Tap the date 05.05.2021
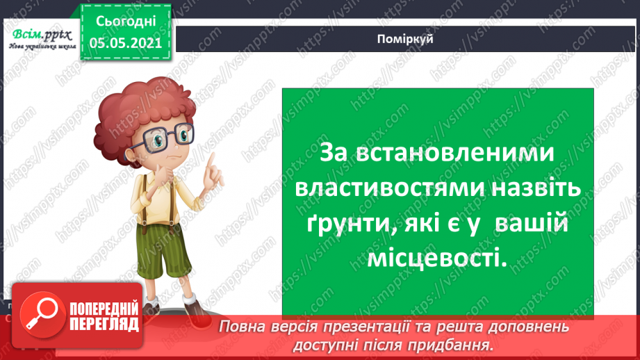tap(124, 42)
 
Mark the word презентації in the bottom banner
tap(377, 327)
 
